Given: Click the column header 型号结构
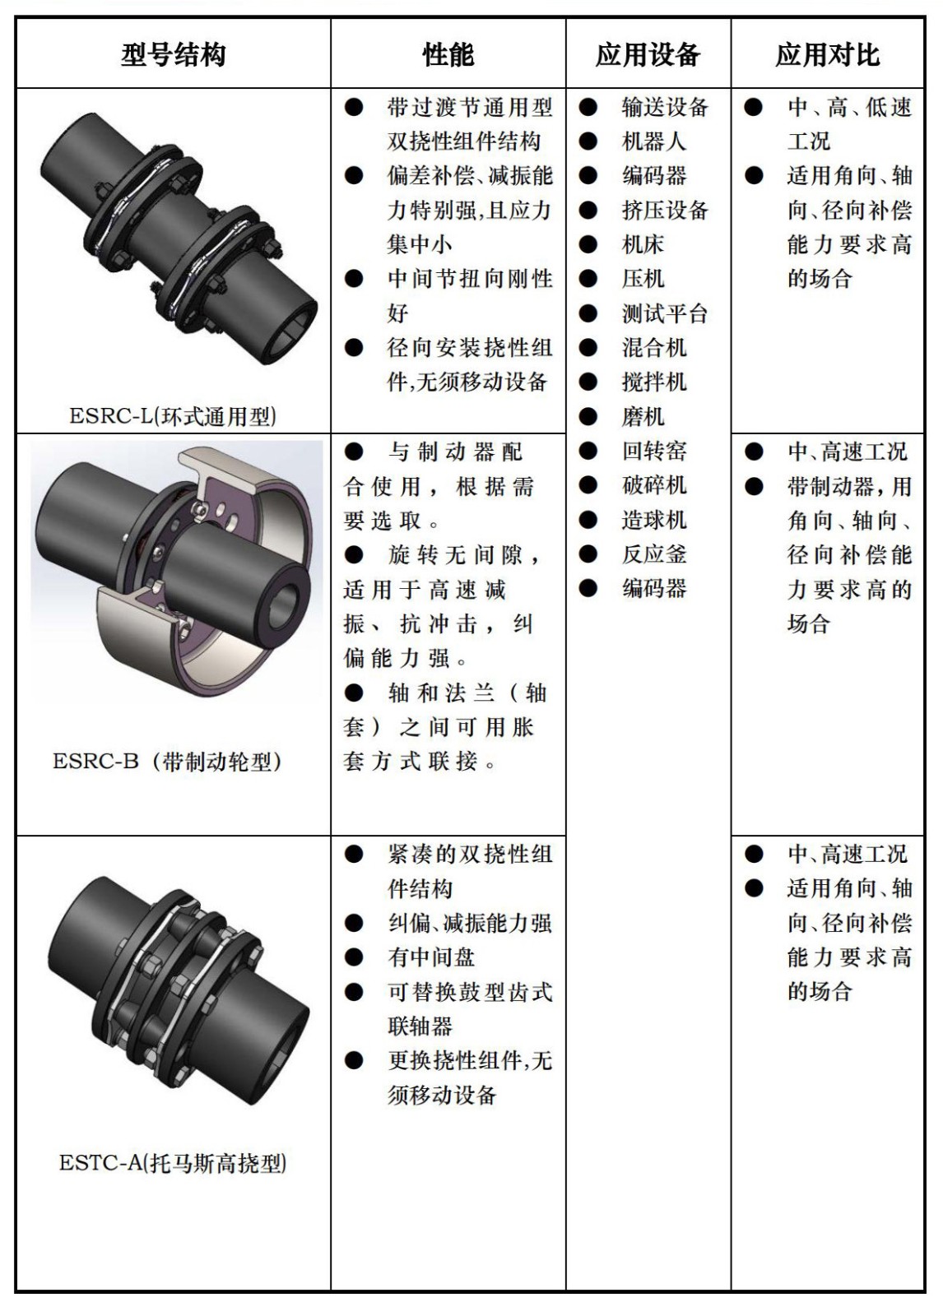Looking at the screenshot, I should pos(173,55).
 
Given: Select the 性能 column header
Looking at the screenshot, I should pos(448,55).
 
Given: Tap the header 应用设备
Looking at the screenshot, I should pos(648,55).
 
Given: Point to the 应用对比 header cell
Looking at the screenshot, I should pos(827,55).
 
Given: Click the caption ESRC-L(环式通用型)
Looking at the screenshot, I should pos(173,416).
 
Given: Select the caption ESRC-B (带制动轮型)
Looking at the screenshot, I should pos(169,761).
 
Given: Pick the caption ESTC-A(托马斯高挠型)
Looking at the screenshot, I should pos(173,1163).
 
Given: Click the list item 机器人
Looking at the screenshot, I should pos(653,141).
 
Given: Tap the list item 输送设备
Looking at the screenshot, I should pos(664,107).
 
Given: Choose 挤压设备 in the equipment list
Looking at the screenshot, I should pos(664,210).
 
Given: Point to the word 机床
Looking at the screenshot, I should pos(643,244).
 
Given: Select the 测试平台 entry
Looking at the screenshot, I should pos(664,313).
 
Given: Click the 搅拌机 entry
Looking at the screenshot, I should pos(653,382).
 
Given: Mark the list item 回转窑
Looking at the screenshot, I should pos(653,451).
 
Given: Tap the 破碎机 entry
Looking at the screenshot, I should pos(653,485).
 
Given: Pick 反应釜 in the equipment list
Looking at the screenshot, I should pos(653,554).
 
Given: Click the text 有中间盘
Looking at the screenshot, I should pos(431,957).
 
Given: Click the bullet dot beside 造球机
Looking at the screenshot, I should pos(588,520).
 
